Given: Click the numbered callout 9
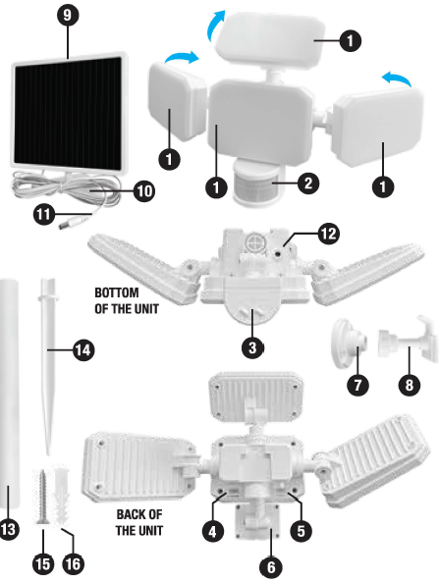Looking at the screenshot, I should pos(68,18).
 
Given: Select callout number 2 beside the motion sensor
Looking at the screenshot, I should pos(306,182).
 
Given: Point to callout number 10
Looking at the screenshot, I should pos(143,191).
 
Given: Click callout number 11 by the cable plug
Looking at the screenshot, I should pos(43,213).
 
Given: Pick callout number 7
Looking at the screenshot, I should pos(357,384).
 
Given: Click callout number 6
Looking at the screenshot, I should pos(266,566).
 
